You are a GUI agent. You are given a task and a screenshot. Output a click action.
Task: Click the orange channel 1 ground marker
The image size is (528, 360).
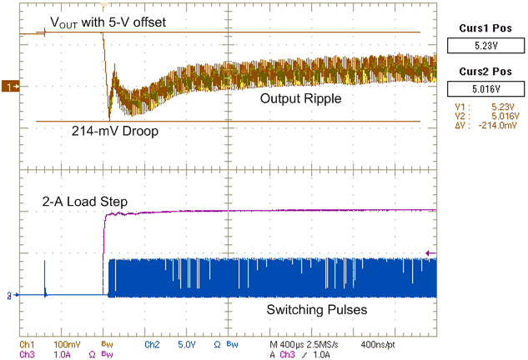(x=11, y=86)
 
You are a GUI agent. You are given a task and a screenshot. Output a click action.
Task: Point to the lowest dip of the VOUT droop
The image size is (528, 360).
(x=109, y=117)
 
